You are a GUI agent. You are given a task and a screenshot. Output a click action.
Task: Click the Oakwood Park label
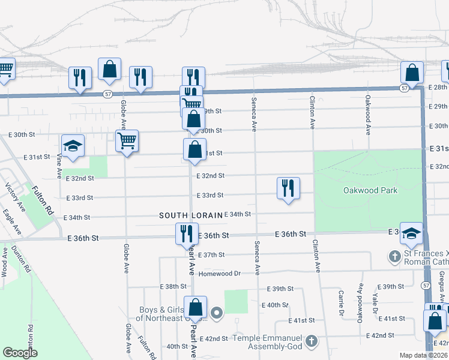370,190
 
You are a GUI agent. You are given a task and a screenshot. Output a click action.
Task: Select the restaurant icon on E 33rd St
288,189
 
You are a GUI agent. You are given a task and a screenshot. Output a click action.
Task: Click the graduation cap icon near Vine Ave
73,146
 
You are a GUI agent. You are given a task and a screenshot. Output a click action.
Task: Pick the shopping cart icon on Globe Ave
127,142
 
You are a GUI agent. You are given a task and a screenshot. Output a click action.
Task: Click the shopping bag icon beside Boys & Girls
195,308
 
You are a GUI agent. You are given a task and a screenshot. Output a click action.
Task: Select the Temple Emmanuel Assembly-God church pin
311,341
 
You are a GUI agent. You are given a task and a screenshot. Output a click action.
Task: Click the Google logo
19,353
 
